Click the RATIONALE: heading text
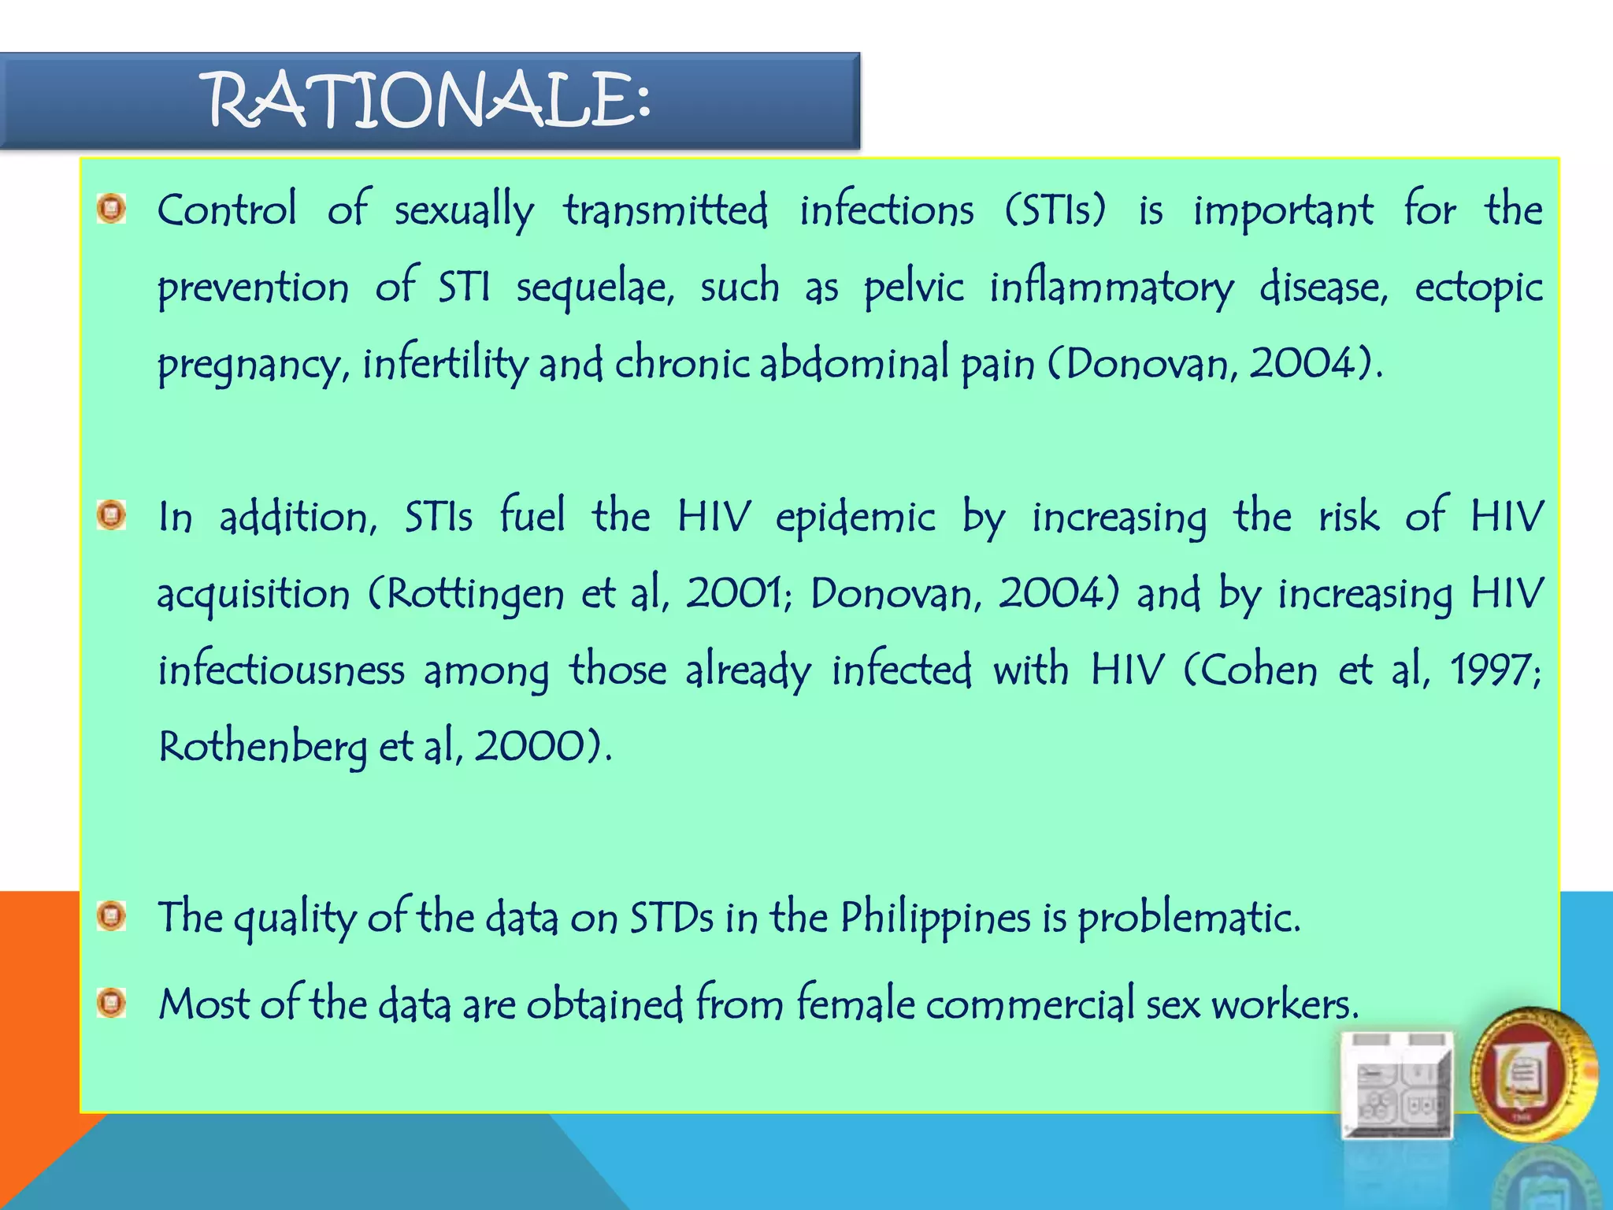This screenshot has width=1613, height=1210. [429, 101]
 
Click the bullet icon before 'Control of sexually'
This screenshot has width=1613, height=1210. [111, 209]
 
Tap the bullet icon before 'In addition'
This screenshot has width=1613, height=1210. [111, 516]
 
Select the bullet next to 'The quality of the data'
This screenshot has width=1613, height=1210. [111, 916]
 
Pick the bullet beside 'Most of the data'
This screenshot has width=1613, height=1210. [111, 1003]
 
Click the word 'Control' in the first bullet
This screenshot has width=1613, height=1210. [227, 210]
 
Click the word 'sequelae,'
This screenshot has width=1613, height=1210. [595, 288]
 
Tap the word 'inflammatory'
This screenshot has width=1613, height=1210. [1111, 288]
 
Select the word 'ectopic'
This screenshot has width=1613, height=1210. [1478, 288]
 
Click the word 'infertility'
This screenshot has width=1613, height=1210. [445, 365]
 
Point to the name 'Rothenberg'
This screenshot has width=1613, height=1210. [262, 747]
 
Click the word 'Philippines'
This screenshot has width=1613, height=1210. [935, 918]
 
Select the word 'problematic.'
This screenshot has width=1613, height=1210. [1188, 918]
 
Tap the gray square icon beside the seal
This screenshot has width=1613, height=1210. [1397, 1084]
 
